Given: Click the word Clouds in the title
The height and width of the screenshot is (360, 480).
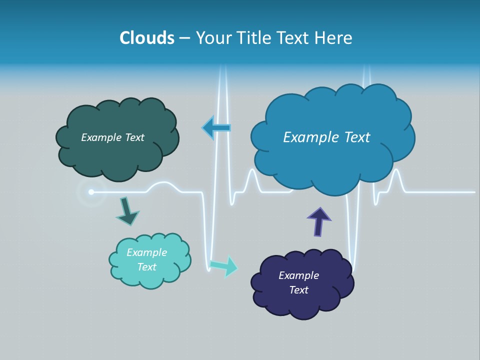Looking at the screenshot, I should tap(146, 38).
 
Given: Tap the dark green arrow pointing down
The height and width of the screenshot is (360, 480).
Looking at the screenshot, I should tap(127, 211).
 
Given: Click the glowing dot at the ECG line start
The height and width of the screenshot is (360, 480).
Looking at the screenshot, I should tap(91, 192).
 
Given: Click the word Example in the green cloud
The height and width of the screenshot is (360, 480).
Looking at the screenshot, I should tap(101, 137).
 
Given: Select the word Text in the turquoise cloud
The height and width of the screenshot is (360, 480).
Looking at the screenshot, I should tap(147, 267).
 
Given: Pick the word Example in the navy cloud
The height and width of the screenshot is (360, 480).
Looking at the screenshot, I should tap(298, 275).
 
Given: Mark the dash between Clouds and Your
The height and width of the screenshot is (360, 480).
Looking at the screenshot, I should tap(184, 38).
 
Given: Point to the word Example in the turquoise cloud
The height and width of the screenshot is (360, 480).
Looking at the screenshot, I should tap(147, 252).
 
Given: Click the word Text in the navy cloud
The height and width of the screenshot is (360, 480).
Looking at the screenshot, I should tap(298, 290).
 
